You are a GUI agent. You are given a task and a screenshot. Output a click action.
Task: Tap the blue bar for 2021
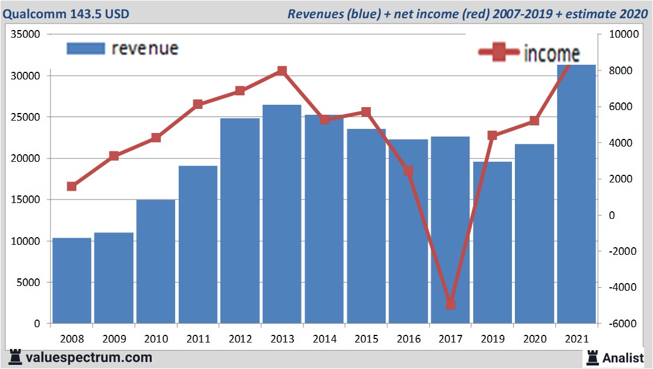pos(577,194)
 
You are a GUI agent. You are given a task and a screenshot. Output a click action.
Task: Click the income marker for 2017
pos(451,304)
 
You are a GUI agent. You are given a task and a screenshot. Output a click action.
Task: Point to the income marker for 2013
pos(282,71)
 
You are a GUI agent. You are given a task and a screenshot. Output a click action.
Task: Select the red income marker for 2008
pos(72,187)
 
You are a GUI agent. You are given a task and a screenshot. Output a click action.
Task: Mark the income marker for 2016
pos(408,171)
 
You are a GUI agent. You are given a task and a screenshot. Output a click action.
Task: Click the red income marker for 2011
pos(198,105)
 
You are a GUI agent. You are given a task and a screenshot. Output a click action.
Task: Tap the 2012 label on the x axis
pos(240,340)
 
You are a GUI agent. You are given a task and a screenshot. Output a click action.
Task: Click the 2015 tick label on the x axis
pos(367,340)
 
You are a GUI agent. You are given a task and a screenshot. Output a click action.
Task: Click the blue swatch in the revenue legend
pos(86,48)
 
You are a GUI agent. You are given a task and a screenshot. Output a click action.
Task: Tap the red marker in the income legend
pos(499,53)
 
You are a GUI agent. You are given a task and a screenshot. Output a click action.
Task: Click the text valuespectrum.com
pos(89,357)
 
